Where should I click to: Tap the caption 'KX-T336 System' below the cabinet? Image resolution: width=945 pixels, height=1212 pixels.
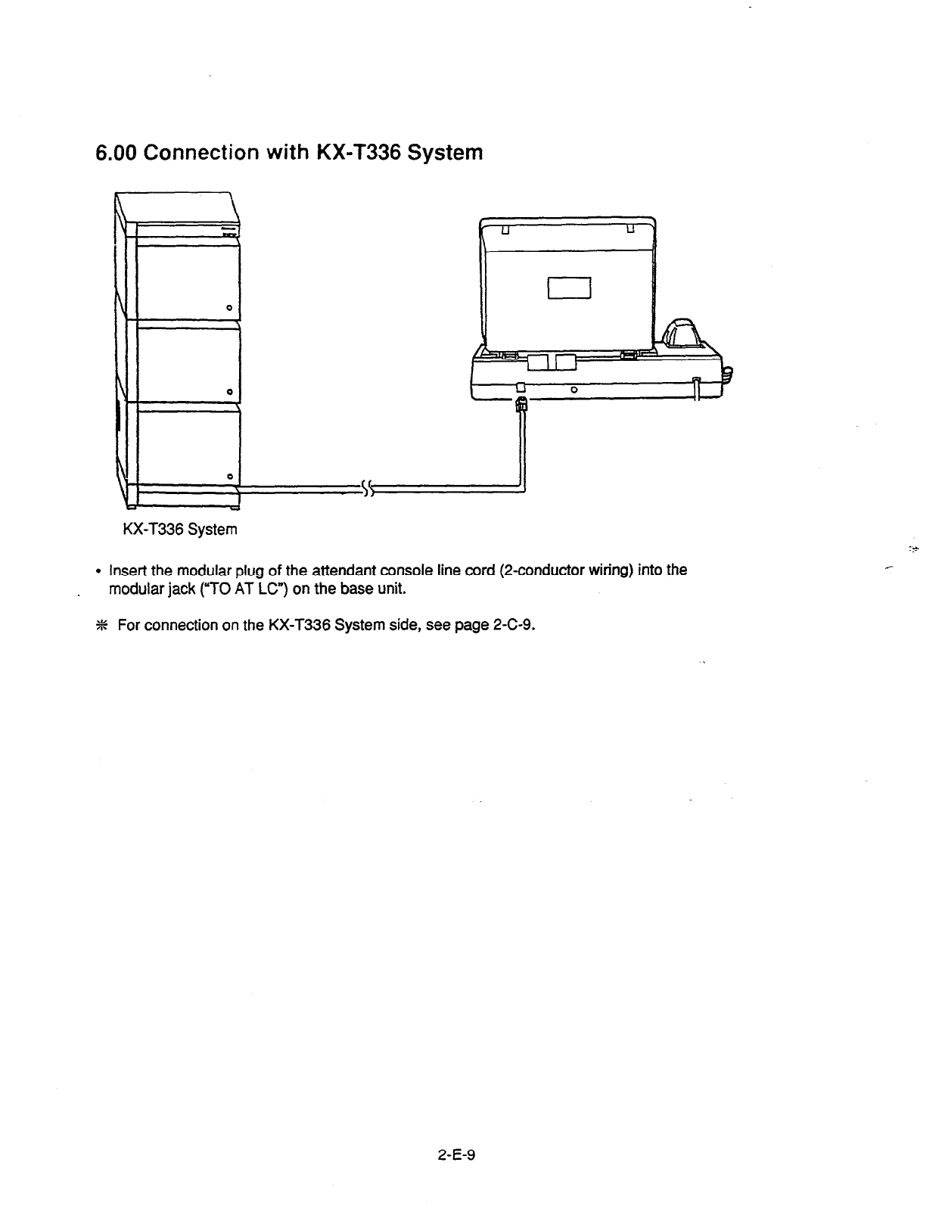coord(179,530)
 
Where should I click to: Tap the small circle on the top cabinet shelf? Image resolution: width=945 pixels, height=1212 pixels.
coord(228,306)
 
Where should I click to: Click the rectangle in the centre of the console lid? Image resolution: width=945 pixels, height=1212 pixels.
coord(568,288)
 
